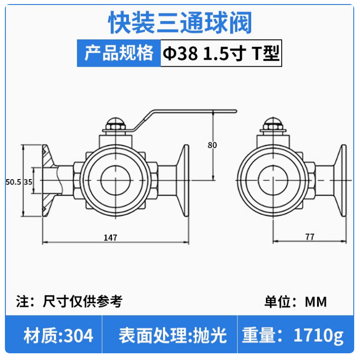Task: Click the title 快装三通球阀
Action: click(x=180, y=23)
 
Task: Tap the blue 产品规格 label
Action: click(x=119, y=53)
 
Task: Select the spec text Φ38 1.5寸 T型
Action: click(x=221, y=54)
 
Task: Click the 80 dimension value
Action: click(x=212, y=145)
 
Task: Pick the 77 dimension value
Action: click(x=310, y=237)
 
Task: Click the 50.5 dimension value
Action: click(x=13, y=182)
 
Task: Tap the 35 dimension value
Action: click(x=28, y=182)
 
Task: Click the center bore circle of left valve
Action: click(x=116, y=180)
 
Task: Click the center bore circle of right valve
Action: click(x=273, y=180)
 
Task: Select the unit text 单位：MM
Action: click(x=296, y=301)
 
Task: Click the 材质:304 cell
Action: click(x=58, y=335)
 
